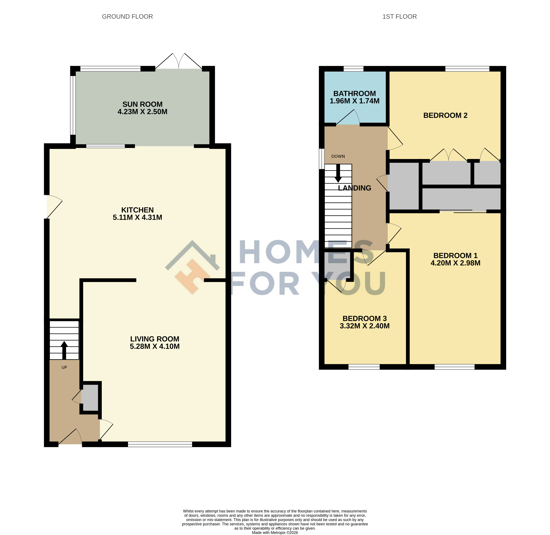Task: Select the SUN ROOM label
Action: click(x=142, y=104)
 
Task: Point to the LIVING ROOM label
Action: click(x=154, y=339)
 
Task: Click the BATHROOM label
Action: click(x=354, y=94)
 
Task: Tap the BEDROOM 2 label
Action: click(x=445, y=115)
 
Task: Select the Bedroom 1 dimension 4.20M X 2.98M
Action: click(x=455, y=263)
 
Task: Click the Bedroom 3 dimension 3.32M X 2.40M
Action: click(x=365, y=326)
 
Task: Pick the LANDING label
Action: click(x=354, y=188)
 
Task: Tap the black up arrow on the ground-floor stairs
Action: click(x=64, y=350)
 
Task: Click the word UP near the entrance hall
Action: click(x=64, y=367)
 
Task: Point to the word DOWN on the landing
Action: click(x=338, y=156)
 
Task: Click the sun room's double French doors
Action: click(x=179, y=61)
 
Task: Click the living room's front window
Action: click(x=160, y=444)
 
